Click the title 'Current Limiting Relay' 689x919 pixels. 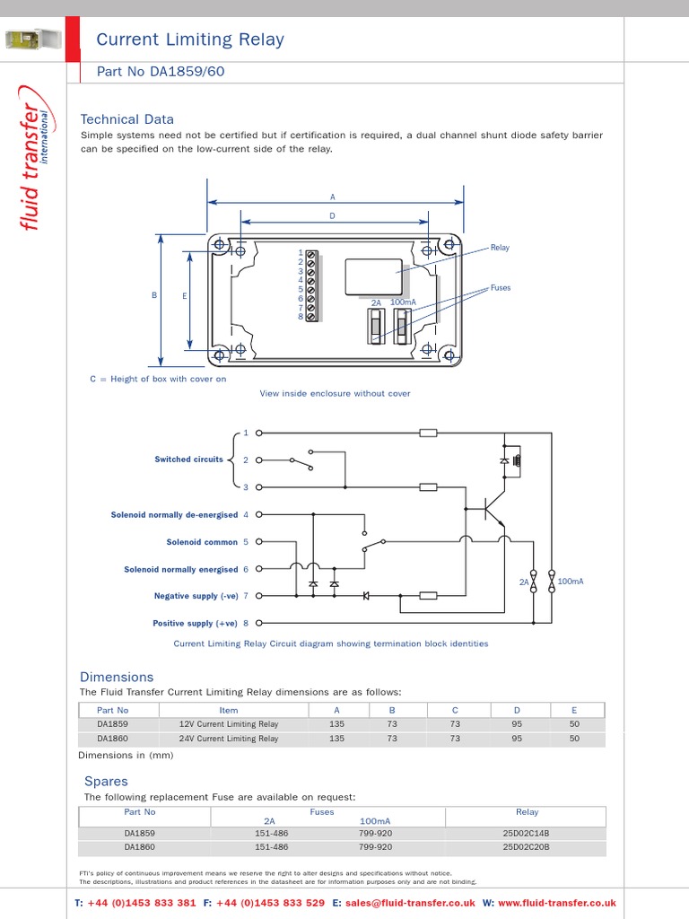click(x=189, y=39)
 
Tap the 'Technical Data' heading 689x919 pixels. click(x=126, y=119)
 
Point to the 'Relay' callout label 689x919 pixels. click(x=500, y=248)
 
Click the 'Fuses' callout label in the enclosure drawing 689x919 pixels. click(x=500, y=288)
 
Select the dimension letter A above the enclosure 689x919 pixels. click(x=333, y=197)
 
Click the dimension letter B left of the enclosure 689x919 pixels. click(x=154, y=295)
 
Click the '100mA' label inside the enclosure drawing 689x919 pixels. click(x=403, y=303)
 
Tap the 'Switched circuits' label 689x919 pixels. click(x=188, y=459)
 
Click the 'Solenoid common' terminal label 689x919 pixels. click(x=202, y=542)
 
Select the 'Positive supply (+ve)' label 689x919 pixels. click(x=195, y=624)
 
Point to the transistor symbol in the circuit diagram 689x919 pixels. click(x=493, y=511)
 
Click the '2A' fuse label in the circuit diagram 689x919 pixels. click(x=524, y=582)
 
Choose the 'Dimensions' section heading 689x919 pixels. click(x=117, y=677)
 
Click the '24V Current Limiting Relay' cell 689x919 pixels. click(x=229, y=739)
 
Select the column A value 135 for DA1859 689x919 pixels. click(x=336, y=723)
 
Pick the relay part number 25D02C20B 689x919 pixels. click(x=527, y=846)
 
